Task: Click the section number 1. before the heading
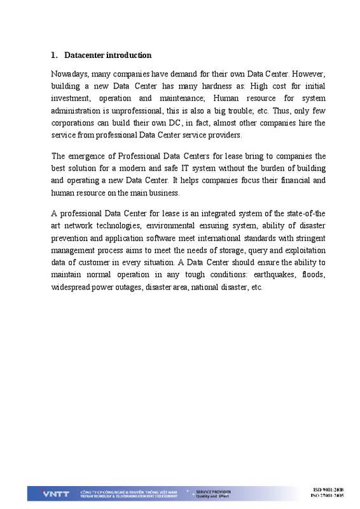(54, 55)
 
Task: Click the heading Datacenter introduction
(107, 55)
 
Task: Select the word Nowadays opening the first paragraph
(69, 74)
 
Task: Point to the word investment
(71, 99)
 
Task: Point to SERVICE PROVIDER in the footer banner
(213, 491)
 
